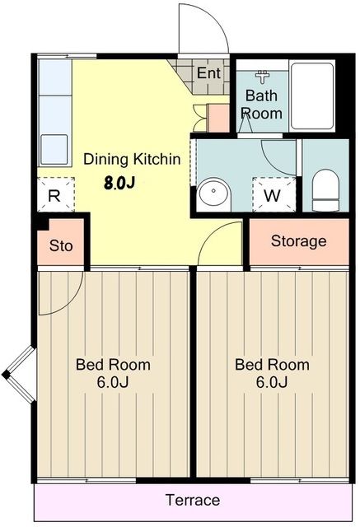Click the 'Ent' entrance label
208,73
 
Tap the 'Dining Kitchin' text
132,159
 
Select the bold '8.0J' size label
119,183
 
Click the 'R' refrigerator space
54,196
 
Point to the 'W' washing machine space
272,196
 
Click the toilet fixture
325,190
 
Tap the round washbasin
214,194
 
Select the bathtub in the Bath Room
312,96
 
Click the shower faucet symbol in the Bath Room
262,77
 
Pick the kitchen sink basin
54,150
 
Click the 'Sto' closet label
61,245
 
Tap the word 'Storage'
298,241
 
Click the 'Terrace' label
193,500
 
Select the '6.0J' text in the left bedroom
113,382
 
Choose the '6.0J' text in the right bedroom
272,382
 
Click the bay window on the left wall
20,375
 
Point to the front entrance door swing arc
214,17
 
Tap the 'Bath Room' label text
262,105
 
